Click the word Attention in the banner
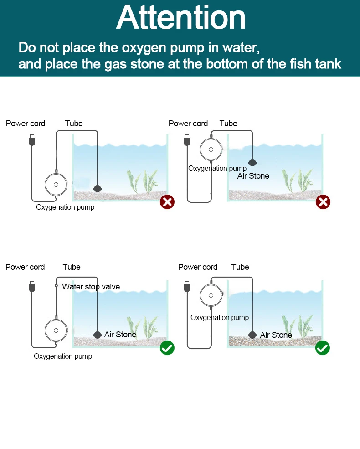click(181, 18)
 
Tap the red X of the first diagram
click(167, 201)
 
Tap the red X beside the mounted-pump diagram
click(323, 201)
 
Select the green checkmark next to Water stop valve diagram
click(167, 348)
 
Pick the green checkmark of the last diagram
click(323, 348)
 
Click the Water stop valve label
click(91, 287)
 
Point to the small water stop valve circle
click(56, 286)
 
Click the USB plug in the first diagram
click(31, 140)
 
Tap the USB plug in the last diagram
click(187, 287)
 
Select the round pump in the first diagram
click(56, 185)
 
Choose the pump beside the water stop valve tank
click(56, 330)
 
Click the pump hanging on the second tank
click(211, 149)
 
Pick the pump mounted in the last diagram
click(211, 294)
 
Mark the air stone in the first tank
click(97, 188)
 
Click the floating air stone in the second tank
click(252, 162)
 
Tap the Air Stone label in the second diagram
click(253, 176)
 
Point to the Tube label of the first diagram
click(74, 124)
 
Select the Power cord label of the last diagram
click(198, 267)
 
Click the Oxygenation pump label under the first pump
click(65, 207)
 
